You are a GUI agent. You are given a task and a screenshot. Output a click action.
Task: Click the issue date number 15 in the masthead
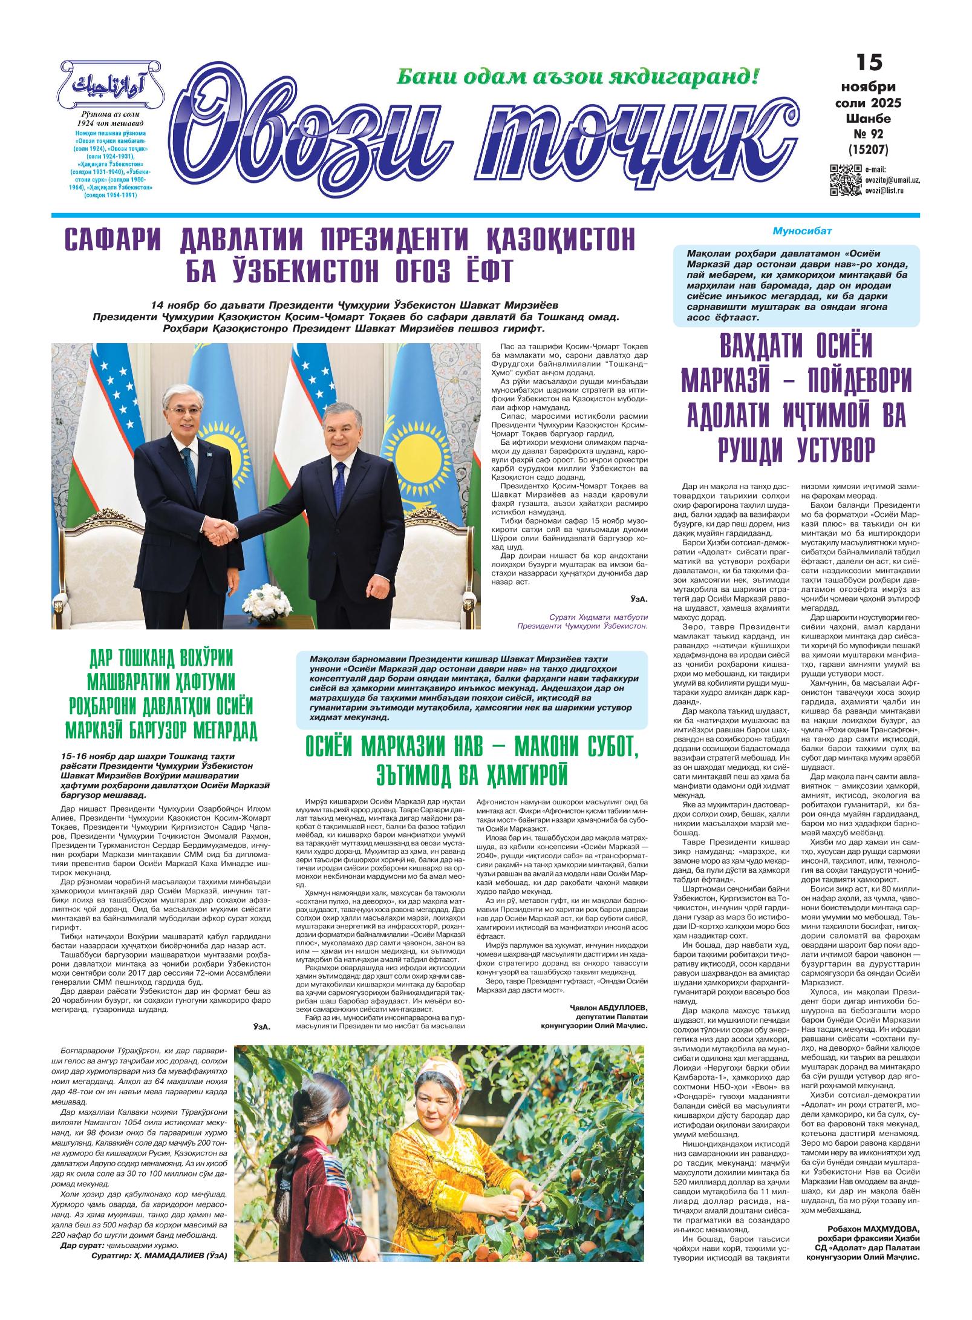(x=869, y=63)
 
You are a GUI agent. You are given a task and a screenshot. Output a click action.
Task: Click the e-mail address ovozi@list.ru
(x=884, y=190)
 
